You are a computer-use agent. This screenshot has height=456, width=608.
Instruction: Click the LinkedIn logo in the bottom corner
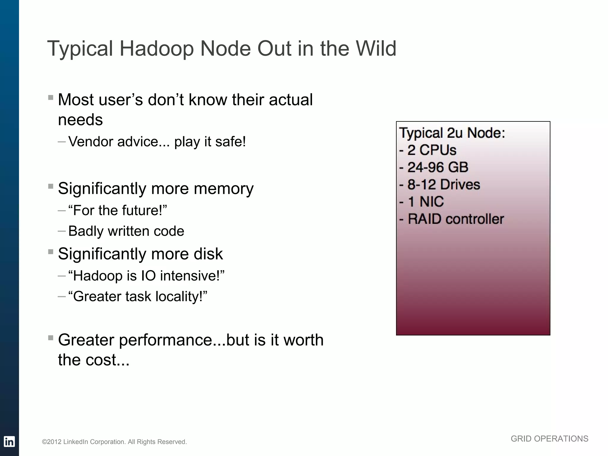(x=9, y=441)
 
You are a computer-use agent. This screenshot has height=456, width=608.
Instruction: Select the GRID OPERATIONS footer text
(x=549, y=439)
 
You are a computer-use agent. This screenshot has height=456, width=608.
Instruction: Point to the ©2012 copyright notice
(x=114, y=442)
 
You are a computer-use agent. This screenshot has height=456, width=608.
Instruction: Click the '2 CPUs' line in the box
(x=428, y=150)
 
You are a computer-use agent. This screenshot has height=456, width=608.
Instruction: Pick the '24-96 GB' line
(x=434, y=167)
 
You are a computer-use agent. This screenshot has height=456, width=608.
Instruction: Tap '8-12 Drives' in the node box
(x=440, y=184)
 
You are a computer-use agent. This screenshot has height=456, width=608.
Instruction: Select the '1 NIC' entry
(x=422, y=202)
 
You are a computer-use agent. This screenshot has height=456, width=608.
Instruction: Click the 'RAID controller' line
(x=452, y=219)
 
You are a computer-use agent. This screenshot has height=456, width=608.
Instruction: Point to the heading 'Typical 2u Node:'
(x=452, y=133)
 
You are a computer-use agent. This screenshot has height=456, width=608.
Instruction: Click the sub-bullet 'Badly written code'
(x=126, y=231)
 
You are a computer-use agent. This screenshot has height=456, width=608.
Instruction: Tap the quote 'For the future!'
(x=118, y=210)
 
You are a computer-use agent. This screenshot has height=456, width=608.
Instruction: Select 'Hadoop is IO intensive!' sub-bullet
(x=146, y=275)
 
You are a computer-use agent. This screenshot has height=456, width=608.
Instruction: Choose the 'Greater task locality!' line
(x=137, y=296)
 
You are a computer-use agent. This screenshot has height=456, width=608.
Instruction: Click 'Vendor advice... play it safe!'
(x=157, y=142)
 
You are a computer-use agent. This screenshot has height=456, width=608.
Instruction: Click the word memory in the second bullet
(x=224, y=189)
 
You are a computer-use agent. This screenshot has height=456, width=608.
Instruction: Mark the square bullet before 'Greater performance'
(x=50, y=338)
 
